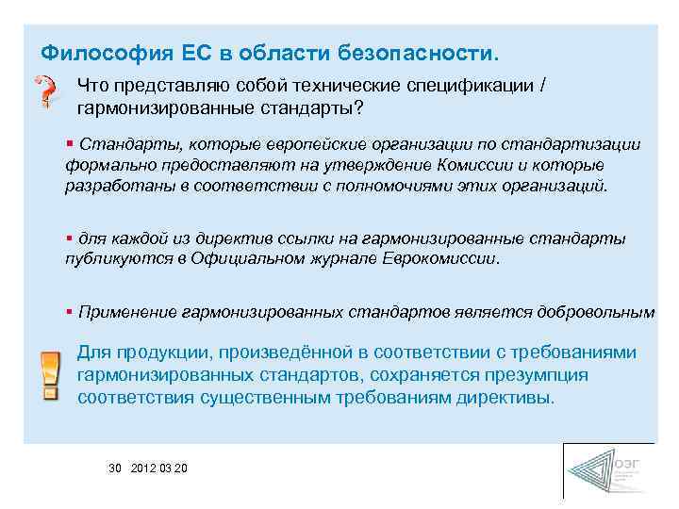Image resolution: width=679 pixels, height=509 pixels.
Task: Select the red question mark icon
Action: click(46, 92)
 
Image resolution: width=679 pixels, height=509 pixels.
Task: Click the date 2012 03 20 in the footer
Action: click(160, 468)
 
